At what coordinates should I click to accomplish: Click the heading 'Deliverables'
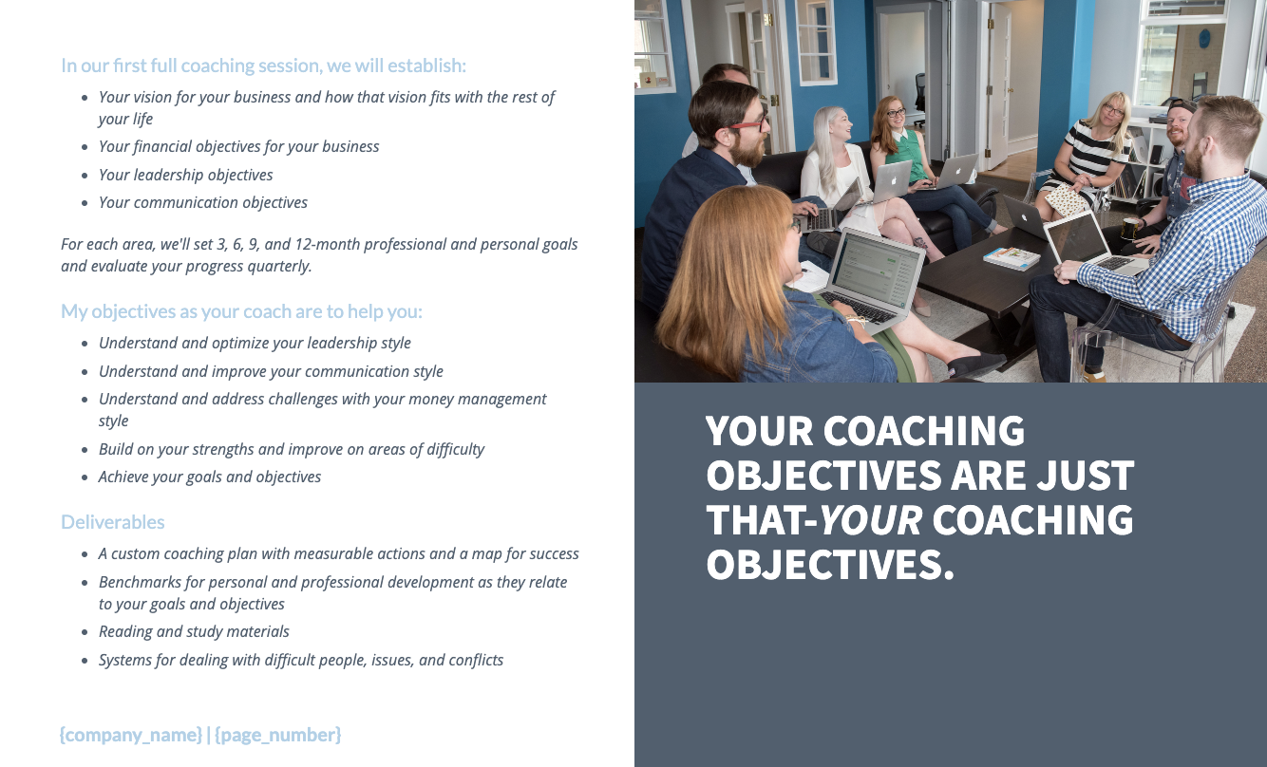click(x=112, y=522)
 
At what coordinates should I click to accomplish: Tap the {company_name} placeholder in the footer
click(x=130, y=735)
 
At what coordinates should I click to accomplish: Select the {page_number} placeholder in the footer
click(x=278, y=735)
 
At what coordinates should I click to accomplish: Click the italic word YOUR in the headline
click(x=870, y=520)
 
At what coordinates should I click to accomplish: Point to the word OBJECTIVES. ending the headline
click(x=829, y=565)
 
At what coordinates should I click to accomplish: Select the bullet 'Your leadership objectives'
click(x=185, y=175)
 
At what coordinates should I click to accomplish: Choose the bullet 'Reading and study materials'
click(x=194, y=631)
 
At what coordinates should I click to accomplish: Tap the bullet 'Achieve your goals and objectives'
click(x=209, y=477)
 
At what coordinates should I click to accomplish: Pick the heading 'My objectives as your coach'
click(x=241, y=311)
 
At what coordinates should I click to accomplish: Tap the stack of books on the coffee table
click(x=1011, y=257)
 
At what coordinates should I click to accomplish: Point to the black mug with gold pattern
click(x=1130, y=228)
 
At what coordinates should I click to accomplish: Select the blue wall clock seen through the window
click(x=1204, y=39)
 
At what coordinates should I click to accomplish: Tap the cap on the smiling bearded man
click(x=1181, y=105)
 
